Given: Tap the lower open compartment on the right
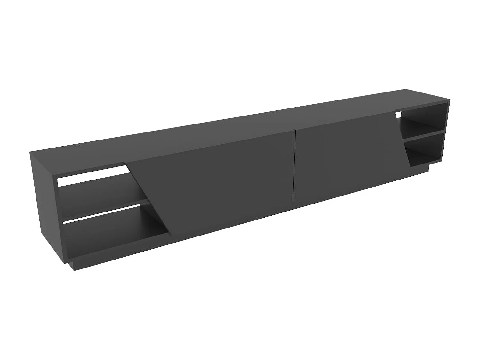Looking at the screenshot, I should (426, 150).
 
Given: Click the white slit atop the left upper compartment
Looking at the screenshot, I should (93, 176).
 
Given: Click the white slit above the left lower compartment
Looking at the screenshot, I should (102, 213).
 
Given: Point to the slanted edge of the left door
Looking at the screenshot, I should (150, 198).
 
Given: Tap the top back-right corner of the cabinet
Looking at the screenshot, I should (406, 89).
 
